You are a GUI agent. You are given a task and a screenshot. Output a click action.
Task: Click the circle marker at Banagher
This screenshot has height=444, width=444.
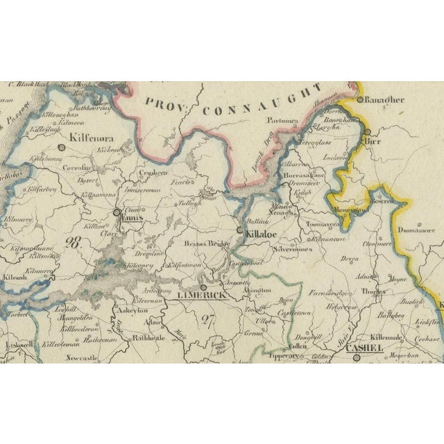(x=359, y=100)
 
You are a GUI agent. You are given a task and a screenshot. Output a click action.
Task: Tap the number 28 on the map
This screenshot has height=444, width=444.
(x=71, y=244)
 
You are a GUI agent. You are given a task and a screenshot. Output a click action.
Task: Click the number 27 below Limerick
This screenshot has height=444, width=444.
(x=206, y=319)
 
